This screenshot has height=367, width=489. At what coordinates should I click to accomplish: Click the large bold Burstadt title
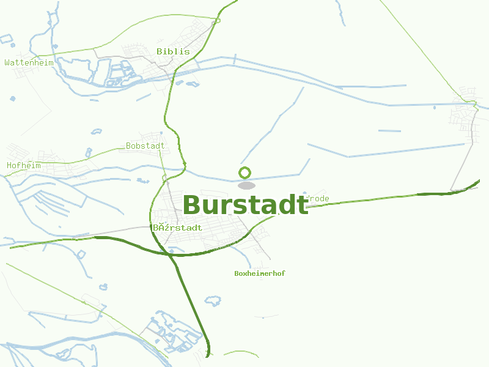245,206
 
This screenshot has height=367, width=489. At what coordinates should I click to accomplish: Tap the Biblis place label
173,51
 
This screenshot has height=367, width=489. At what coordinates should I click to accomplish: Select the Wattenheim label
29,62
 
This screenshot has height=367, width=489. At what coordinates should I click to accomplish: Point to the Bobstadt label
145,146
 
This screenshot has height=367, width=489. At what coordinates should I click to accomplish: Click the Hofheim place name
24,165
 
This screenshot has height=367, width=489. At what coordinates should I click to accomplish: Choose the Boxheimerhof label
260,273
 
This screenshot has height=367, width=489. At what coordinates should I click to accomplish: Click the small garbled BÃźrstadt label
177,228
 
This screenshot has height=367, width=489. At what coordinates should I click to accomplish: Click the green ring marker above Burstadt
245,172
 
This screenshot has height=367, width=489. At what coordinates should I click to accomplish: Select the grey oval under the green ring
246,185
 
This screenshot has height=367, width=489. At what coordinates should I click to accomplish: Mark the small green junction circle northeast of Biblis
217,21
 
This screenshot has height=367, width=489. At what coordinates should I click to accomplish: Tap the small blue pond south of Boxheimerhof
213,301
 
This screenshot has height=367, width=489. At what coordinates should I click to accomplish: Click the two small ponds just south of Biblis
186,83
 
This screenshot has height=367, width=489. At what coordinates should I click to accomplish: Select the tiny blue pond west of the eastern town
435,108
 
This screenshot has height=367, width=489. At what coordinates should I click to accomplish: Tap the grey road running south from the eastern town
461,165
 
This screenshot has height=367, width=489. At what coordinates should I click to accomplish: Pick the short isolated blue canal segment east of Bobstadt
389,130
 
